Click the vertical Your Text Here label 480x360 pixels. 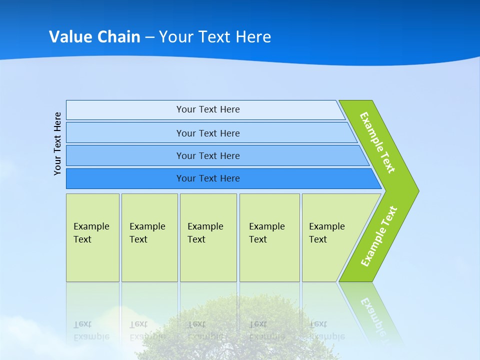click(57, 143)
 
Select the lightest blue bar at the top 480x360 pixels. click(207, 109)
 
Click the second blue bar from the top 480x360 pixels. click(207, 133)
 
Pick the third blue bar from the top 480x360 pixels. click(207, 155)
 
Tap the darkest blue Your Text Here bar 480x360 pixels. click(207, 178)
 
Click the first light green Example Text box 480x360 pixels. click(92, 237)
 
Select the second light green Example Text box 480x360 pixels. click(149, 237)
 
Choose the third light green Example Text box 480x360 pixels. click(208, 237)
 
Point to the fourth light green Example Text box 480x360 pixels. click(269, 237)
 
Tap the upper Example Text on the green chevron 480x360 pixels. click(377, 142)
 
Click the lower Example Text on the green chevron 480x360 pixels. click(378, 236)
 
